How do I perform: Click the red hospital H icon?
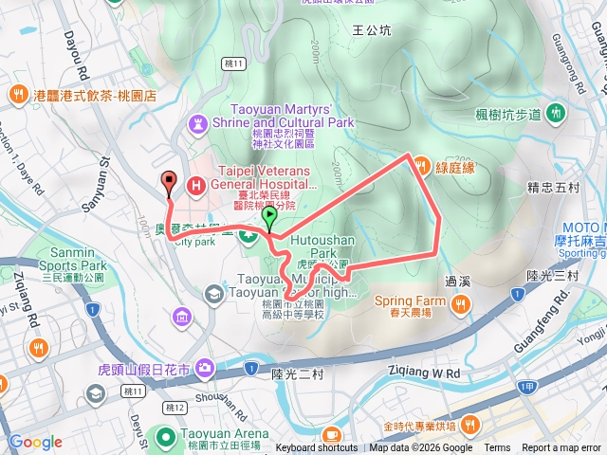click(196, 185)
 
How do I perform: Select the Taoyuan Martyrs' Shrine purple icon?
click(198, 122)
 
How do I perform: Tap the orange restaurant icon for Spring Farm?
click(460, 302)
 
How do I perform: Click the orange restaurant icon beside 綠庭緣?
click(421, 164)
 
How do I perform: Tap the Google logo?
click(35, 442)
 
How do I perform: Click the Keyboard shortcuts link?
click(317, 448)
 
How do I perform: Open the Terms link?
click(497, 448)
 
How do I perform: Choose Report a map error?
click(561, 448)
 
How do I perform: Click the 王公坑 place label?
click(371, 30)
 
